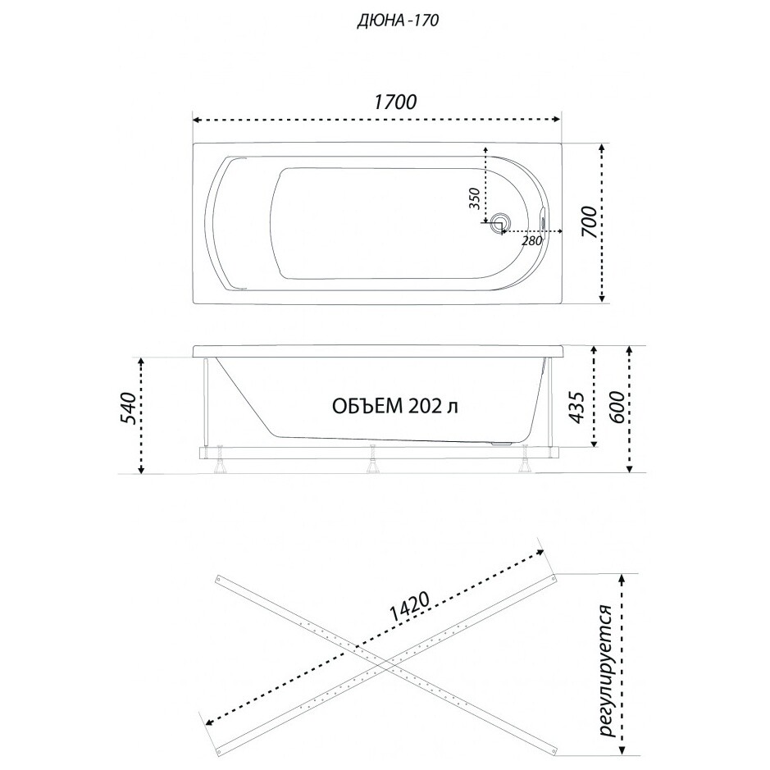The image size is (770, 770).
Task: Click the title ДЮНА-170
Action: [398, 21]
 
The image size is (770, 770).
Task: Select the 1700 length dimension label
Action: [395, 103]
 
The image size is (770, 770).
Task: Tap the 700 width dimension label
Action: [590, 222]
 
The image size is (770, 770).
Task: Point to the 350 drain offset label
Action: [474, 198]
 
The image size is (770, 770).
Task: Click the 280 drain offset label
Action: [532, 240]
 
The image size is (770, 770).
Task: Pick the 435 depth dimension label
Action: [577, 407]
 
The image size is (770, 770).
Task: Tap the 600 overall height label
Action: [617, 408]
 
